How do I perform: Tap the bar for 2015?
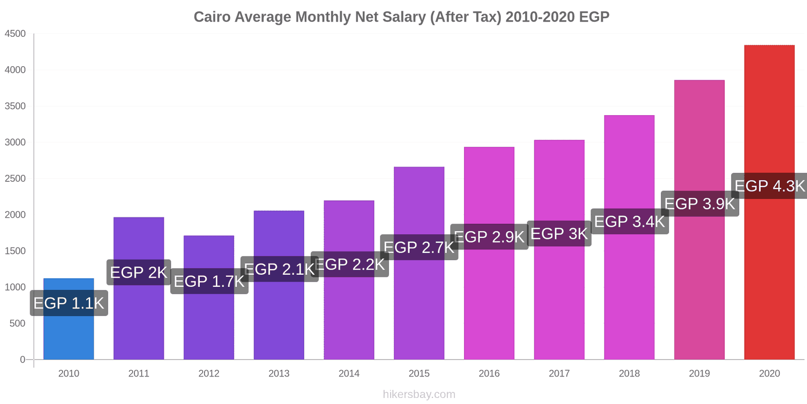(x=419, y=303)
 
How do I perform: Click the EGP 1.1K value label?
(x=69, y=303)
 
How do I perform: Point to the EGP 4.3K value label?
(x=769, y=186)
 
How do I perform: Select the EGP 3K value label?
(x=559, y=234)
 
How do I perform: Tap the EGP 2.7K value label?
(x=419, y=247)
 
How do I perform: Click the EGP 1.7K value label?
(x=209, y=281)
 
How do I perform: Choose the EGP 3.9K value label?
(x=700, y=204)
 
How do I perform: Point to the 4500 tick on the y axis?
(x=15, y=34)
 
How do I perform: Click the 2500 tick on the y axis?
(x=15, y=179)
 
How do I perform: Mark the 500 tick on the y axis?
(x=17, y=323)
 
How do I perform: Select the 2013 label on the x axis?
(x=279, y=373)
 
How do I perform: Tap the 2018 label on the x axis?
(x=629, y=373)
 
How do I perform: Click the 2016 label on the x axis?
(x=489, y=373)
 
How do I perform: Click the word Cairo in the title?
(x=212, y=17)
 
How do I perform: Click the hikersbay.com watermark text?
(x=419, y=394)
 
